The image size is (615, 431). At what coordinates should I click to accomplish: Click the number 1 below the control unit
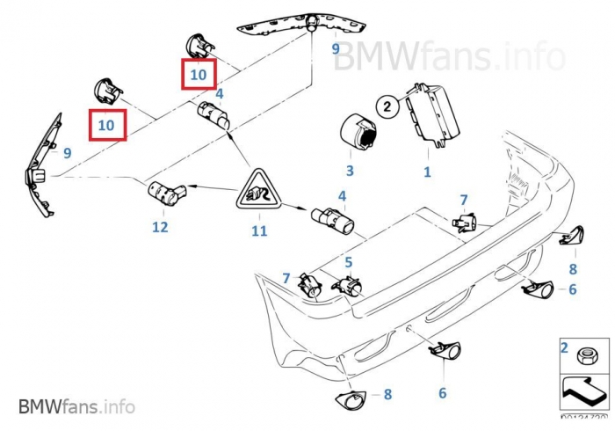[428, 172]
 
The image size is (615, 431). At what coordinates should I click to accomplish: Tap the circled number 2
[387, 107]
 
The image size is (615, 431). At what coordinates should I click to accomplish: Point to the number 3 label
[349, 171]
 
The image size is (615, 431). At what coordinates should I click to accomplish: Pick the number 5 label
[348, 262]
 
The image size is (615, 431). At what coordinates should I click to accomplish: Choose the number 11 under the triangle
[258, 231]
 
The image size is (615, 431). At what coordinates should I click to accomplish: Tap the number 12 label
[159, 227]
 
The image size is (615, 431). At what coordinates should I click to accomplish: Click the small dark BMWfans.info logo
[76, 407]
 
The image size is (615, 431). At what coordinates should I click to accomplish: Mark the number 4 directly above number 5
[342, 196]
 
